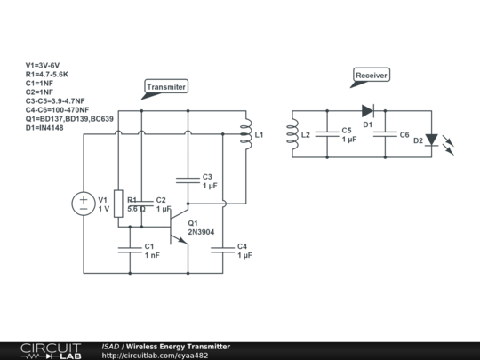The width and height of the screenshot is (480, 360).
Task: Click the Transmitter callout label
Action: (166, 87)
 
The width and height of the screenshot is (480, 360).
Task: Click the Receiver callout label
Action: (372, 76)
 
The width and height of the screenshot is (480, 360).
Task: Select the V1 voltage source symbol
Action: (84, 203)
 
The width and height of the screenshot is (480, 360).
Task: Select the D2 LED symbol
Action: (432, 140)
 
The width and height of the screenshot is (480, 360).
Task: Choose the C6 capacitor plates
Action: (385, 134)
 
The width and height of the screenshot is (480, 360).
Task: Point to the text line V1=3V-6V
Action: (42, 66)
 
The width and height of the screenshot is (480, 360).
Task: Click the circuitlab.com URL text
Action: (155, 355)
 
